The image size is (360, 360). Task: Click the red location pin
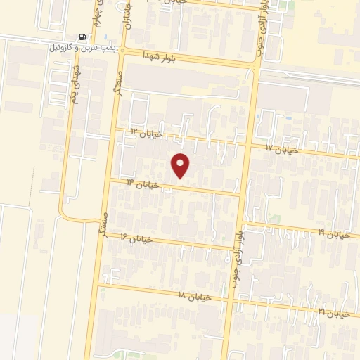tap(181, 165)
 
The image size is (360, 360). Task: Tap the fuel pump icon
tap(84, 37)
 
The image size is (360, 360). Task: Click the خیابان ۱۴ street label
tap(143, 184)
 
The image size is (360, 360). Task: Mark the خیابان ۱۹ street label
tap(332, 233)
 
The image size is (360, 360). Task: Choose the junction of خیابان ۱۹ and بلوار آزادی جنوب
tap(240, 223)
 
